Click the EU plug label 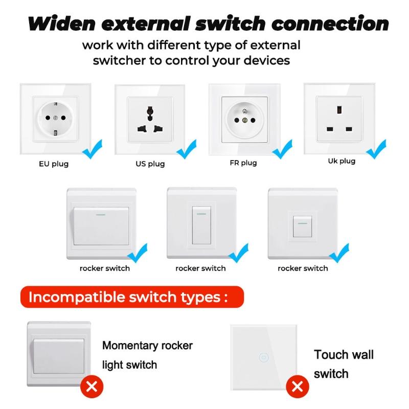click(54, 164)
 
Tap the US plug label click(150, 164)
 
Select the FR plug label click(243, 163)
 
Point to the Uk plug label click(342, 161)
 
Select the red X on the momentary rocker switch click(92, 386)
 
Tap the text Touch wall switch click(344, 364)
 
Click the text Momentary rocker click(147, 346)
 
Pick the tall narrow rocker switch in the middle click(201, 225)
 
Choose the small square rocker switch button click(302, 226)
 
